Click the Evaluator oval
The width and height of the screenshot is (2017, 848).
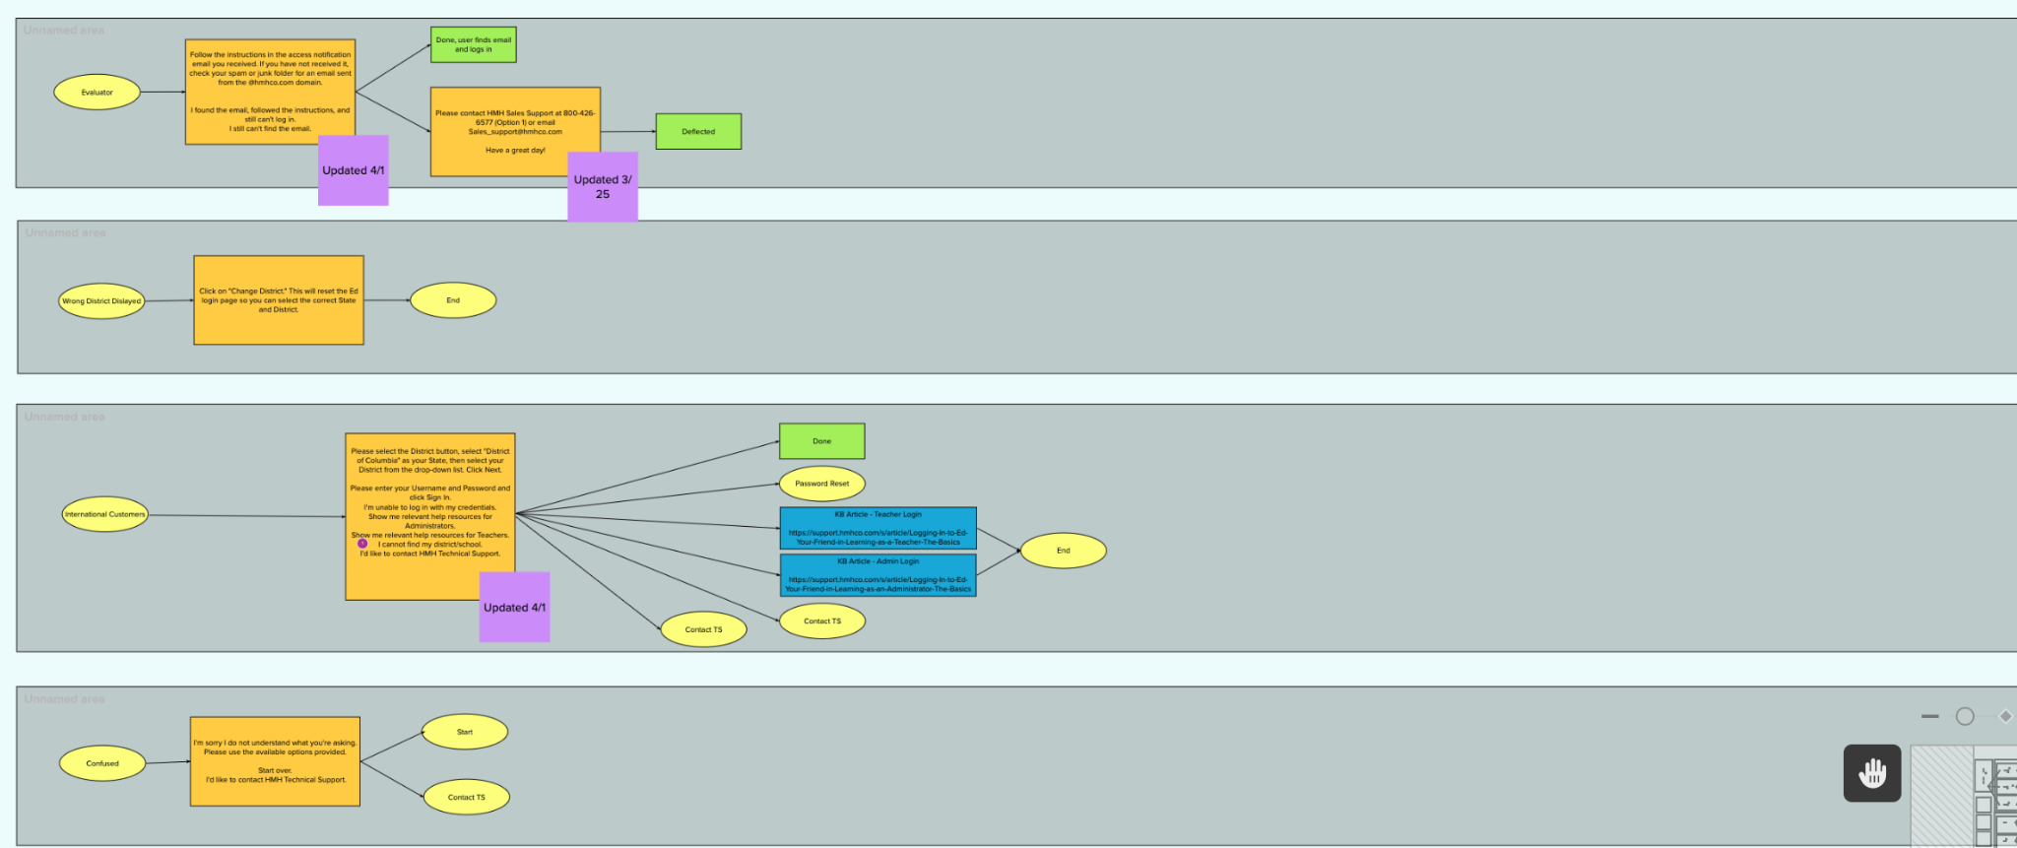coord(97,93)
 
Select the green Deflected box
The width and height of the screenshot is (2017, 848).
coord(698,132)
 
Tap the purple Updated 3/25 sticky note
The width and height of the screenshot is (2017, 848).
coord(603,187)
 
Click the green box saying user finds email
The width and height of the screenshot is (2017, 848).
coord(473,45)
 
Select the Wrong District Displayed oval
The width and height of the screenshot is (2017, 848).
coord(101,301)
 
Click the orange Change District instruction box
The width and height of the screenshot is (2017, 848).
coord(279,300)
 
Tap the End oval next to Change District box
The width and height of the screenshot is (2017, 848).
coord(453,300)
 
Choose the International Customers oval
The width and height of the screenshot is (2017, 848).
coord(104,514)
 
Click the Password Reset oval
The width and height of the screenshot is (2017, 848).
coord(821,484)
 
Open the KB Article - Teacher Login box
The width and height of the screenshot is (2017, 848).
coord(878,529)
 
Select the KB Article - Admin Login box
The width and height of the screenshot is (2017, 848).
coord(878,575)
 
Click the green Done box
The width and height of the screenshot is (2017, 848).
coord(821,441)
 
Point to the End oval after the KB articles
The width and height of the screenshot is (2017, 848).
coord(1063,551)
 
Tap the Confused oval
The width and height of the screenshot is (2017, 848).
coord(102,763)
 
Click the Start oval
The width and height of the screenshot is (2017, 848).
coord(465,732)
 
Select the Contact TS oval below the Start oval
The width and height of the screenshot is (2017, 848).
coord(466,797)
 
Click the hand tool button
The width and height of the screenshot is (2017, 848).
coord(1871,773)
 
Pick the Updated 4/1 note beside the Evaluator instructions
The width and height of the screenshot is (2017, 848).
coord(353,170)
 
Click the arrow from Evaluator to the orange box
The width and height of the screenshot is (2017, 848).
coord(163,93)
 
